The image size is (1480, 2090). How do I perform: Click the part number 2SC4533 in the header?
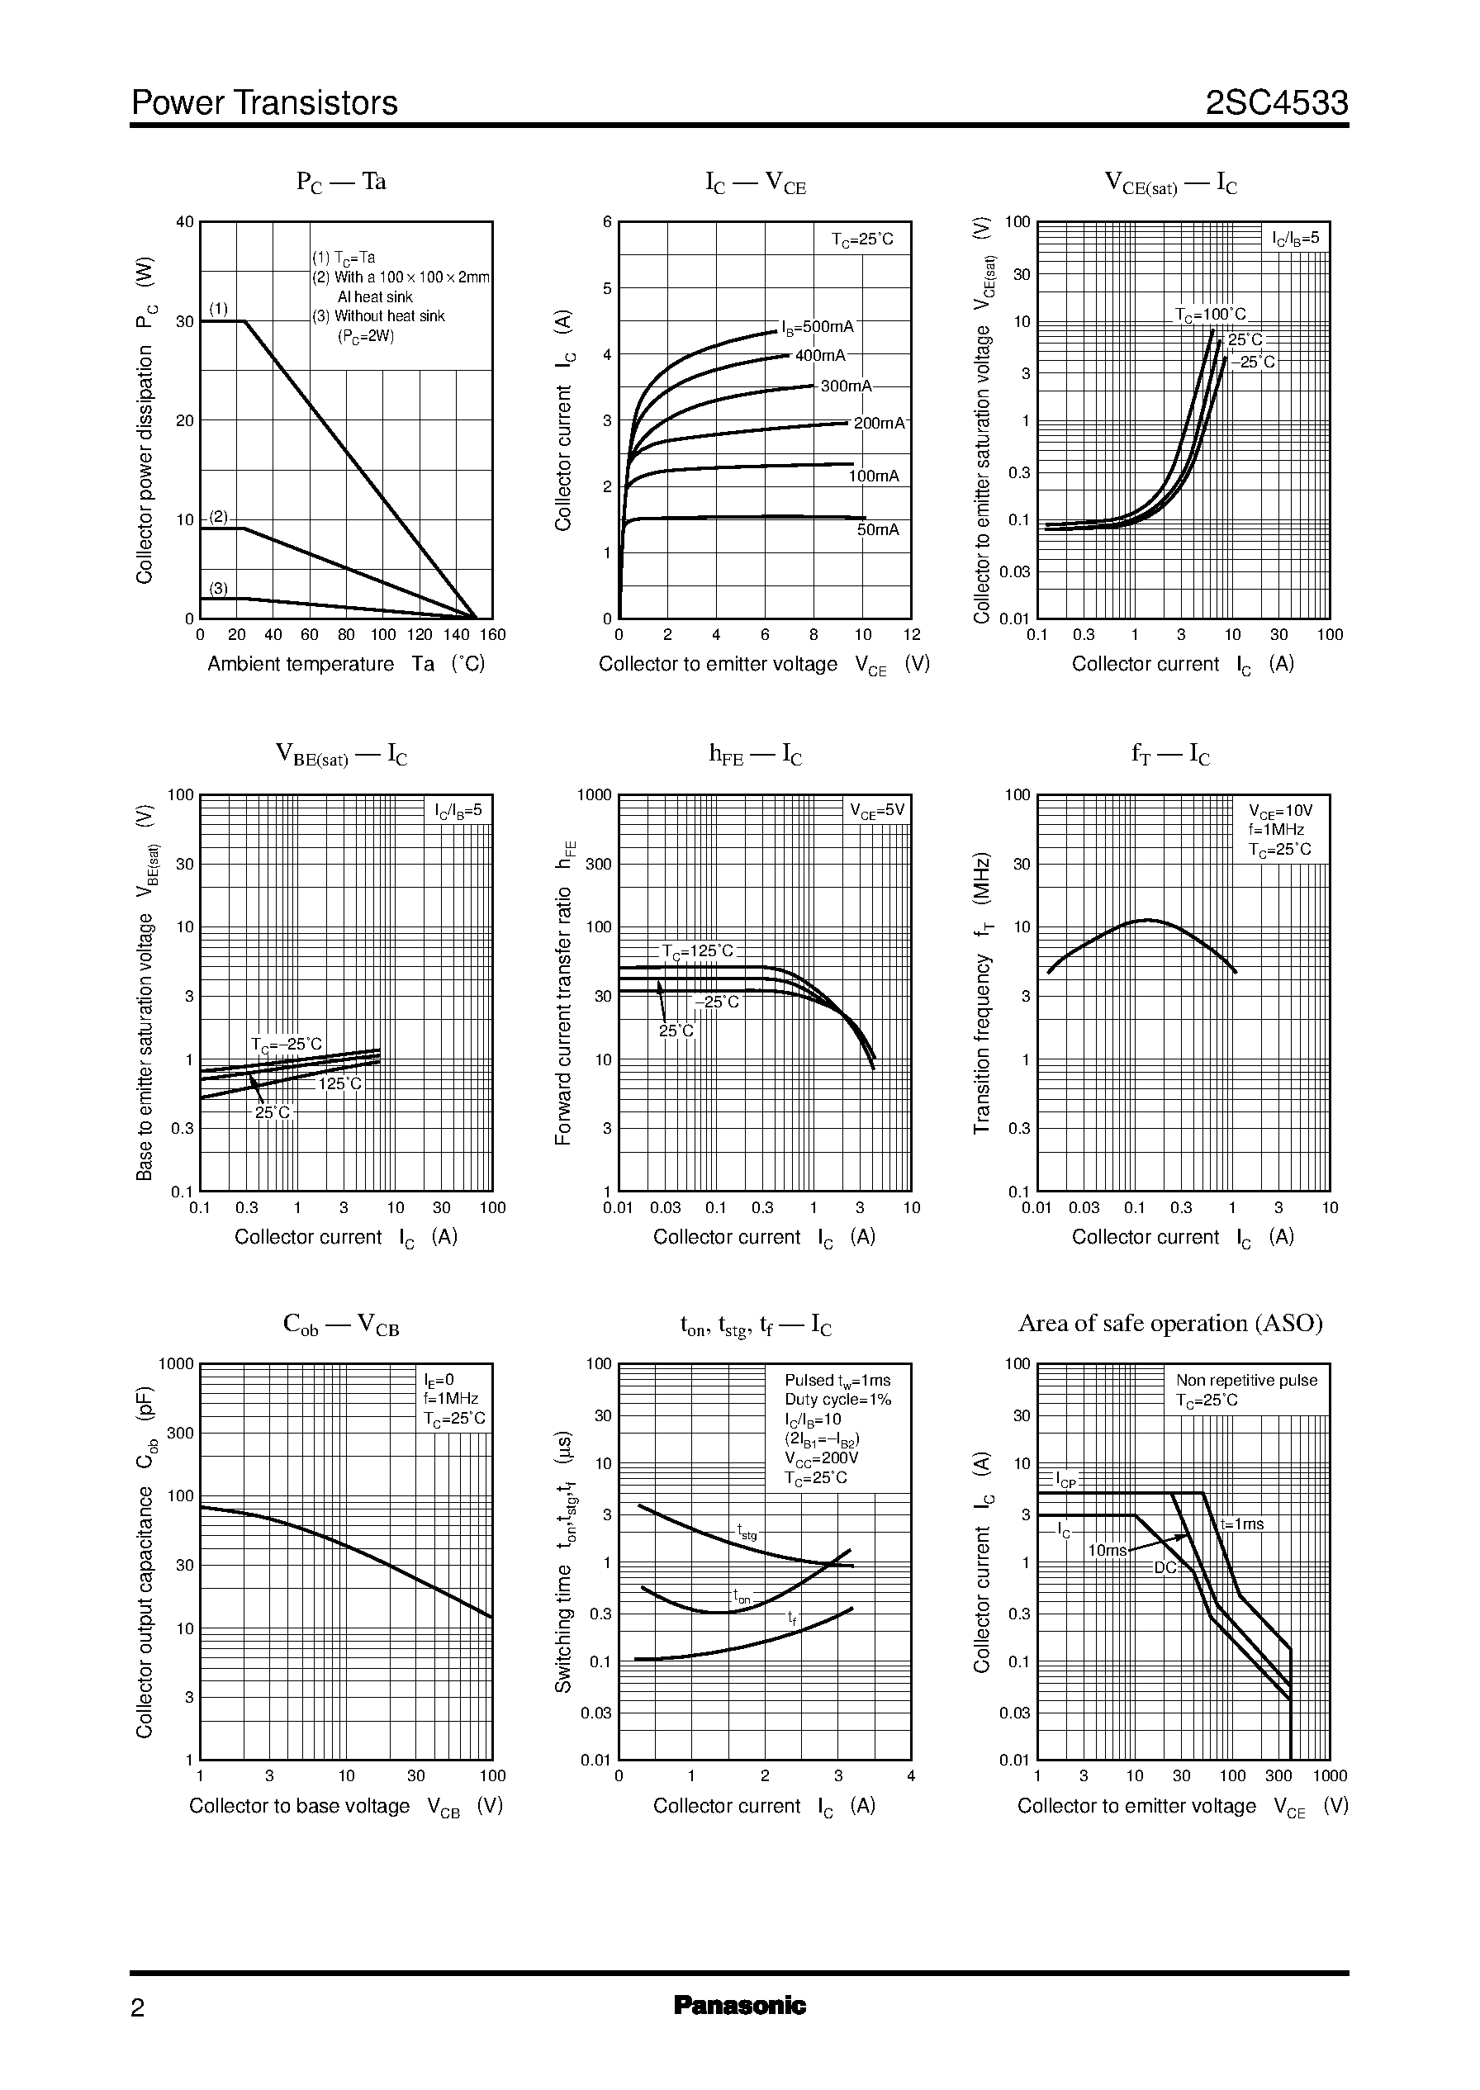1276,103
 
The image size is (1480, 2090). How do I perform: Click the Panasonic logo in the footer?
739,2006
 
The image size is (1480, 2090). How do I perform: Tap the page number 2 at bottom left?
138,2008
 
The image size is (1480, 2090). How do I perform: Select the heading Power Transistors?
264,103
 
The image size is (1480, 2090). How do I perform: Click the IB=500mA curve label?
818,327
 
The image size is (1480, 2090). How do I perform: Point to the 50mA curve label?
878,529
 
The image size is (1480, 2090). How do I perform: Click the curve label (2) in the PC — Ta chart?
219,517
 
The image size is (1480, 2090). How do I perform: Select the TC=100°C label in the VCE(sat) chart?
1209,315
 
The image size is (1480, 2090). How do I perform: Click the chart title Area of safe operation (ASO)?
1170,1323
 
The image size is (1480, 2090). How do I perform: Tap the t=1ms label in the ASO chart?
1241,1524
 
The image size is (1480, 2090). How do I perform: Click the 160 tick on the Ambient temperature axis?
492,635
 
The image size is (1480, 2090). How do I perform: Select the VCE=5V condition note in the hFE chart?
877,810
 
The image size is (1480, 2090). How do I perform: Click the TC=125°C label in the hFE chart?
697,952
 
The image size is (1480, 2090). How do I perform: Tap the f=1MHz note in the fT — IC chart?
1276,830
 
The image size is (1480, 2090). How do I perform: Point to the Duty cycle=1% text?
837,1400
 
